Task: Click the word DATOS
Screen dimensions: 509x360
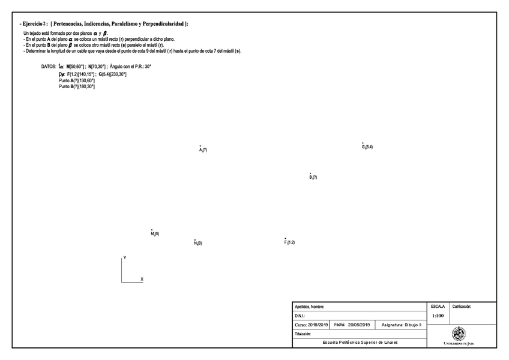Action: [49, 67]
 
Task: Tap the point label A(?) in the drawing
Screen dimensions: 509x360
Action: [203, 149]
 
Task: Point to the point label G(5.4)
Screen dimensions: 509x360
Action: [367, 147]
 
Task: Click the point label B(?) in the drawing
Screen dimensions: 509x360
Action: [313, 177]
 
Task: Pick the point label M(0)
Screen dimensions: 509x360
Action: [155, 234]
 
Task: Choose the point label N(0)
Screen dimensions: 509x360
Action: [197, 243]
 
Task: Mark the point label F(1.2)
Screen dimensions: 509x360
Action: [289, 242]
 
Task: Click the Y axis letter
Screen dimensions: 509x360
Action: [125, 257]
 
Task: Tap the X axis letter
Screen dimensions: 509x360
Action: [142, 280]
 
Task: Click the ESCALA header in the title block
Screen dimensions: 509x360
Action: [438, 306]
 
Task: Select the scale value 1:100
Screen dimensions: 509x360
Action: [438, 315]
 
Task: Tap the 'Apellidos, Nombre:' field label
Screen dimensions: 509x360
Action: [310, 307]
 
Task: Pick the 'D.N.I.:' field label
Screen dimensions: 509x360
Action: [301, 316]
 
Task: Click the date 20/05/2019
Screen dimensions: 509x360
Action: [359, 325]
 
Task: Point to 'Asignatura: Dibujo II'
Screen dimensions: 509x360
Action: [402, 325]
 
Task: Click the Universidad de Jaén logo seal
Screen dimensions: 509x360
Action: [459, 333]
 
